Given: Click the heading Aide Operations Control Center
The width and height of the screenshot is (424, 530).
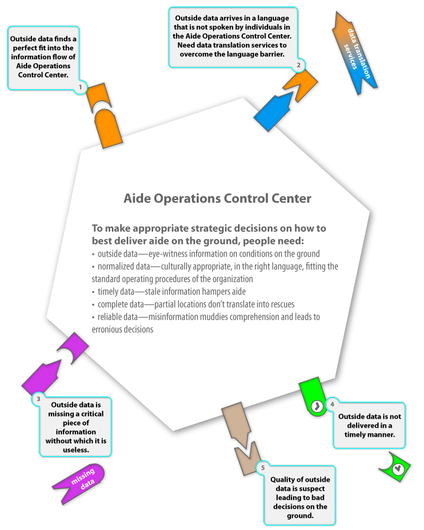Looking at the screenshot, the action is tap(217, 198).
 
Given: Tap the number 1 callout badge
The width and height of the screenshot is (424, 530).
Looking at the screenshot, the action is tap(80, 87).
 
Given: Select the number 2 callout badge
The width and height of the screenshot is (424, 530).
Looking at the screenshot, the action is tap(298, 65).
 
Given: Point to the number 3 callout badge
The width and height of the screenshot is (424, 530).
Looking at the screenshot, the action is tap(38, 399).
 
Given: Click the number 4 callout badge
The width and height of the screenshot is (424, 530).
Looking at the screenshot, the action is tap(332, 404).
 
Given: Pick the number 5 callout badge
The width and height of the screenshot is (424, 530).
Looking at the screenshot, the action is tap(263, 468).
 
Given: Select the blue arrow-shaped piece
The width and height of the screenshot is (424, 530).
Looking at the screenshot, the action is tap(274, 111).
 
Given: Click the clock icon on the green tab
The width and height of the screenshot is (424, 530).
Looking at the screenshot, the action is tap(317, 406).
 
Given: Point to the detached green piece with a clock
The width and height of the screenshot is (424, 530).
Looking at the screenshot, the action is tap(395, 466).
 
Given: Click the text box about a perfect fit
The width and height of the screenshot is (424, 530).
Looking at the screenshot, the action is tap(43, 57).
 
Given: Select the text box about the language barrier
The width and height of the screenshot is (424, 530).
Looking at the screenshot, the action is tap(232, 37).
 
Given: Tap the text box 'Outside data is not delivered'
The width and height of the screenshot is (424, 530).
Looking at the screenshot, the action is tap(369, 425).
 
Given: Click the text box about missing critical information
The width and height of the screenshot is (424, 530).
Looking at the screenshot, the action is tap(76, 427).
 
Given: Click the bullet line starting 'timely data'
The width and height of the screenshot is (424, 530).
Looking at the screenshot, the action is tap(169, 291).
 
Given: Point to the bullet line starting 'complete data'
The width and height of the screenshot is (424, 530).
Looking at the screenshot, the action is tap(193, 304).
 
